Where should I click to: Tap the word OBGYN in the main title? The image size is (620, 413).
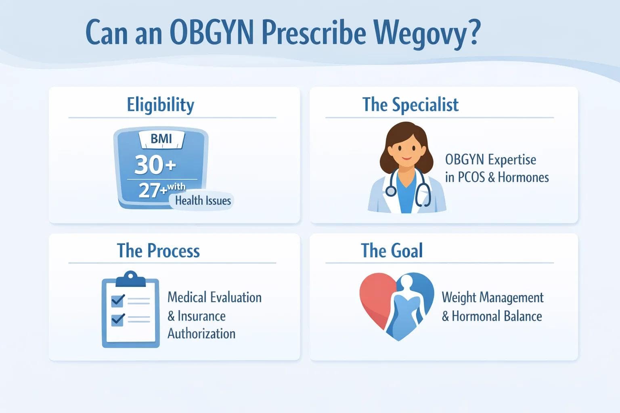(x=212, y=32)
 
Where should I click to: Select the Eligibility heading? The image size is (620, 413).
(x=161, y=104)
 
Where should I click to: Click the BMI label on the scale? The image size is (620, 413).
(x=161, y=139)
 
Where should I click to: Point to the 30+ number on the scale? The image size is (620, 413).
(x=155, y=165)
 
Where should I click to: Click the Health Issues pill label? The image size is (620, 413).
(x=203, y=200)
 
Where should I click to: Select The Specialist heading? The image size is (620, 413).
(x=410, y=104)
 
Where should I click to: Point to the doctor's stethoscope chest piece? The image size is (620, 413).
(x=390, y=191)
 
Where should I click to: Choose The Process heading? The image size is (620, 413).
(x=158, y=250)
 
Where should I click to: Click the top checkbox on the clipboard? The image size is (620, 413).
(x=117, y=300)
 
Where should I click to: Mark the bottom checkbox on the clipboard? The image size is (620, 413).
(x=117, y=319)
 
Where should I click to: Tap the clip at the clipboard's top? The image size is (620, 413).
(x=130, y=278)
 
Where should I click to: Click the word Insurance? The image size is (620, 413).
(x=201, y=316)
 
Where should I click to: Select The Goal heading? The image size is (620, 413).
(x=392, y=250)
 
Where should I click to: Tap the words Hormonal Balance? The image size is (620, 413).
(x=496, y=316)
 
